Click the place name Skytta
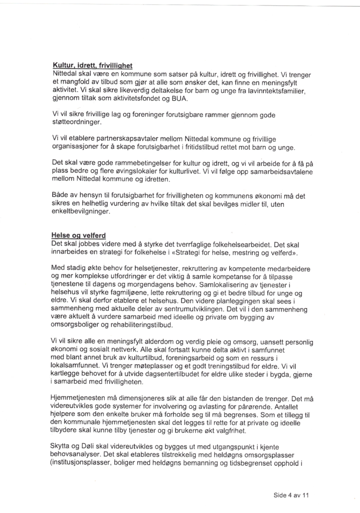click(x=62, y=446)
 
